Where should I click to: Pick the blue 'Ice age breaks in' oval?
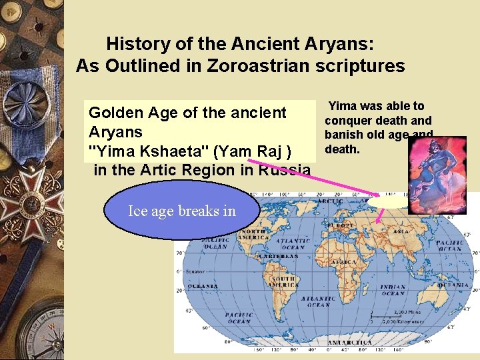click(181, 211)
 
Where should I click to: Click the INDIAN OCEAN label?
click(393, 289)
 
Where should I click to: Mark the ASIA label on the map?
click(402, 231)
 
